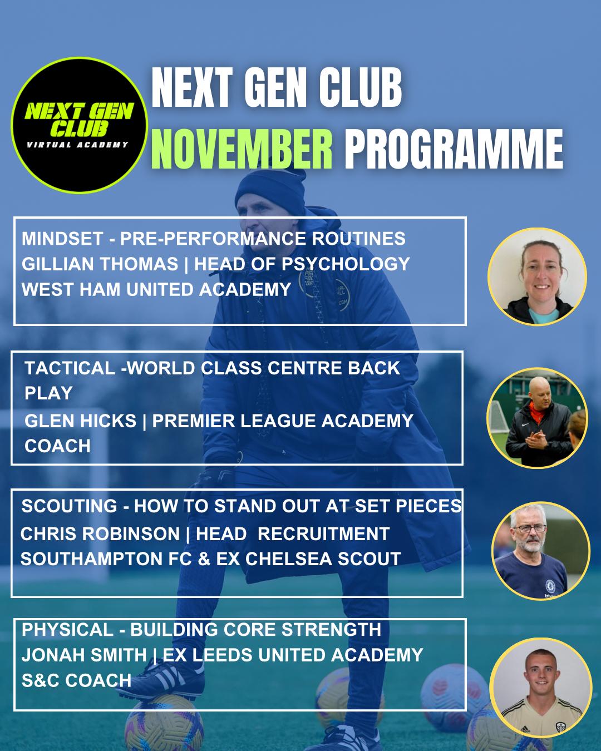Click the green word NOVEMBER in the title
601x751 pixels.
242,149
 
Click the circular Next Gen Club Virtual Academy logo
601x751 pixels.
79,125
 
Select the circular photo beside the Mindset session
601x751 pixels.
537,276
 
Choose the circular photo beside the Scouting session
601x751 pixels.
540,551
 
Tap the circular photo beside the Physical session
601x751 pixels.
540,688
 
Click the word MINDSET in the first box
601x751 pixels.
62,239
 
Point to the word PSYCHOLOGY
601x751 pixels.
346,264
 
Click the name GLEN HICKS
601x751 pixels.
80,421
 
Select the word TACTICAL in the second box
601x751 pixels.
70,368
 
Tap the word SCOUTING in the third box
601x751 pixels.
69,506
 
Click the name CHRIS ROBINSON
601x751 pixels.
100,534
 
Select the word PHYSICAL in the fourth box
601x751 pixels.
67,630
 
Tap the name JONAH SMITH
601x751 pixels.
84,655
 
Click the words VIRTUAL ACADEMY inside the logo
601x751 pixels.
77,145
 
